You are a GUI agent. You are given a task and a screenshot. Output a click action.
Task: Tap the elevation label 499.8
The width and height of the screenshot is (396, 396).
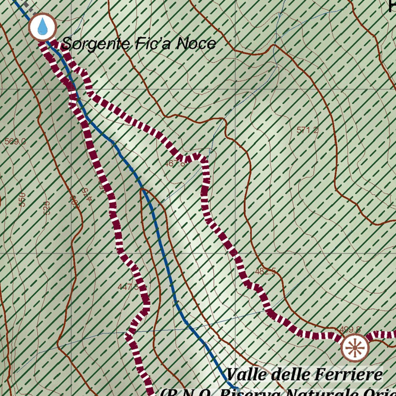point(350,330)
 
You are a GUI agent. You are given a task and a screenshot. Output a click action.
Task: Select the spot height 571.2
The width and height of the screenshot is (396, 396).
point(307,131)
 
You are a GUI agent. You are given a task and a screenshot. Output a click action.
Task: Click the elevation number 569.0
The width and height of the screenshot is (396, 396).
point(15,142)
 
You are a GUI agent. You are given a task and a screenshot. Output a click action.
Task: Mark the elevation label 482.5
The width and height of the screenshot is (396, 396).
point(265,271)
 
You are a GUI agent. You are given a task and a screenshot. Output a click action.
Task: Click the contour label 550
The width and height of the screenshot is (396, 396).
point(22,200)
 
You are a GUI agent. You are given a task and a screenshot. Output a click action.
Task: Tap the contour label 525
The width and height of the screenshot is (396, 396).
point(46,208)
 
